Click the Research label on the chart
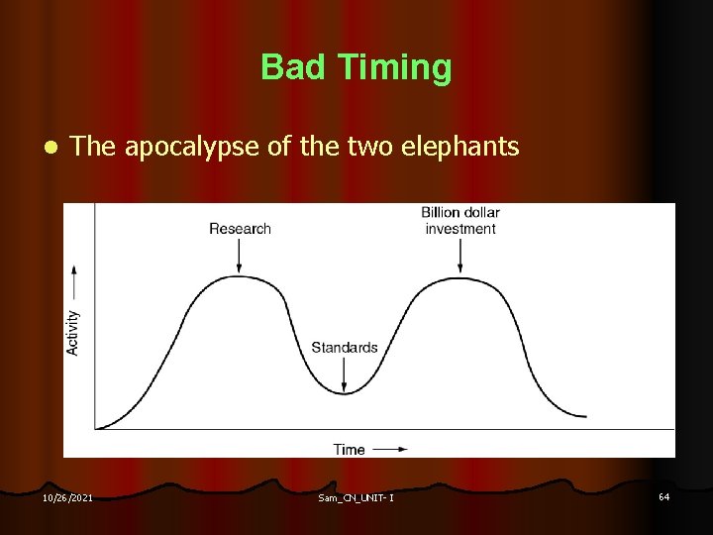coord(240,229)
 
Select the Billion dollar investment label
coord(460,220)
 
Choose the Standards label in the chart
coord(344,347)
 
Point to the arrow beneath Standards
coord(344,374)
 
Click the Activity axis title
coord(73,333)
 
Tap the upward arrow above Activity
coord(73,282)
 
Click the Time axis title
coord(349,449)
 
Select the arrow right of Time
coord(389,449)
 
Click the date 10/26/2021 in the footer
coord(67,497)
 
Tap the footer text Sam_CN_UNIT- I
coord(356,497)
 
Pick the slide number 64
coord(663,496)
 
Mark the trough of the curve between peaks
coord(344,393)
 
